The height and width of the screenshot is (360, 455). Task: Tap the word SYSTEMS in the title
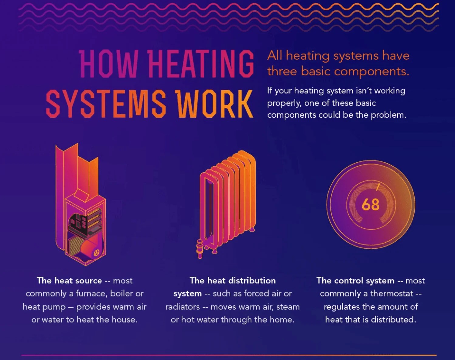click(x=106, y=104)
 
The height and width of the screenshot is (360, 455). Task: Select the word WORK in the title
click(x=215, y=104)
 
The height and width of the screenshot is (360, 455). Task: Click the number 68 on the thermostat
click(x=371, y=205)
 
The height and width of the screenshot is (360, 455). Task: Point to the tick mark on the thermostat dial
click(x=378, y=187)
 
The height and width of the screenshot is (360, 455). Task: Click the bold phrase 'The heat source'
click(x=69, y=280)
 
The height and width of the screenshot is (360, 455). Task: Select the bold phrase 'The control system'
click(x=355, y=280)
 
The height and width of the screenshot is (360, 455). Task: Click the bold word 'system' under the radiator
click(x=187, y=293)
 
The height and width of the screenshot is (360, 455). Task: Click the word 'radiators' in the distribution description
click(x=183, y=307)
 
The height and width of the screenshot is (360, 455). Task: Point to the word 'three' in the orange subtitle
click(x=282, y=71)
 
